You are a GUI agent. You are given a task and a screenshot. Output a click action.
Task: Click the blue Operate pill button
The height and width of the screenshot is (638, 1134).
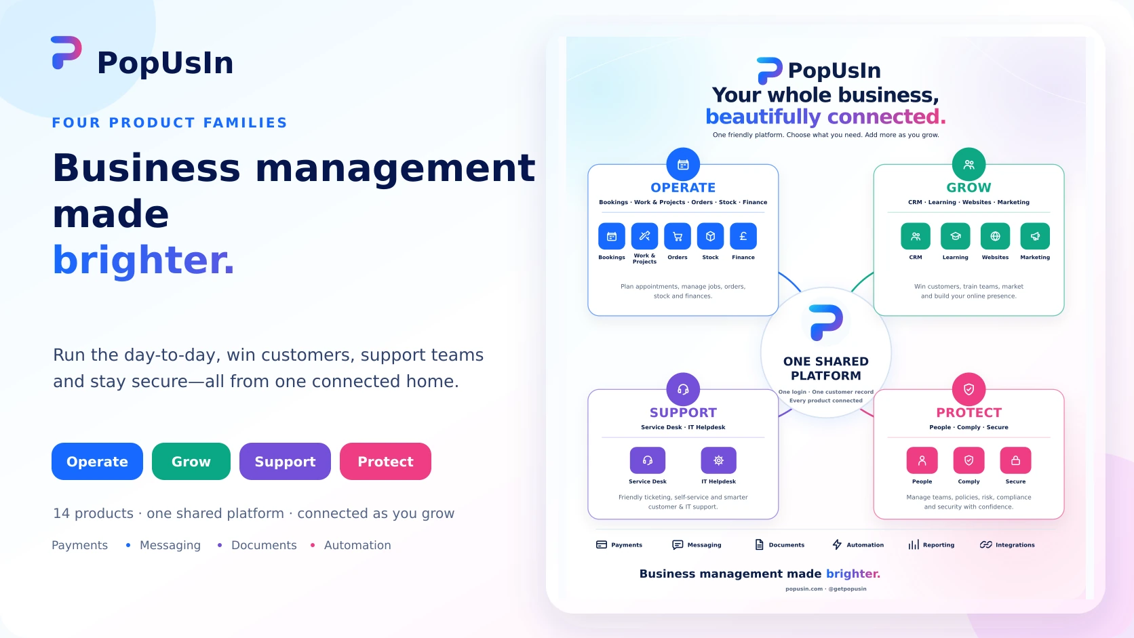pos(97,461)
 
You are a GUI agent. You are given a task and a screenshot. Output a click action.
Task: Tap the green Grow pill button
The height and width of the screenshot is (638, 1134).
pos(191,461)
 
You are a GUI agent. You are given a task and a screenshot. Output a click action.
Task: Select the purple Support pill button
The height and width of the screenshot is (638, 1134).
pos(285,461)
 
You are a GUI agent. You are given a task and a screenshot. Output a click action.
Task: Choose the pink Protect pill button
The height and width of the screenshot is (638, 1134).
pos(385,461)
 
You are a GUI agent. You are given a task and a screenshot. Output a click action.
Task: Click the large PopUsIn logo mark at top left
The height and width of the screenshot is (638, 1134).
pos(66,53)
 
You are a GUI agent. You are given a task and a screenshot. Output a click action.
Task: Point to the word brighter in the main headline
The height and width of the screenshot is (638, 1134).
pos(143,260)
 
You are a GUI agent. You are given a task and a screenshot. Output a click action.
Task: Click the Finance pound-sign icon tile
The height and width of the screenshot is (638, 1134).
pos(743,236)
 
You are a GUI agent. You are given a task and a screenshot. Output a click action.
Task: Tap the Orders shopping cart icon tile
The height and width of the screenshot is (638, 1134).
pos(678,236)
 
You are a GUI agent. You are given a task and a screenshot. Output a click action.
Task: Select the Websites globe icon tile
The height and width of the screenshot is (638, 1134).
pos(995,236)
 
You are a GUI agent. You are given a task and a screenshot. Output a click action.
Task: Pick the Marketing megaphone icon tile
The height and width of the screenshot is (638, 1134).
pos(1035,236)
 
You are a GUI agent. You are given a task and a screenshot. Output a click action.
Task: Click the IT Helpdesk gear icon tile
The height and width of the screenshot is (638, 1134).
pos(718,460)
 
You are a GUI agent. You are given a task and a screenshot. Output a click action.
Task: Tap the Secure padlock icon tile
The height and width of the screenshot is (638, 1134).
pos(1015,460)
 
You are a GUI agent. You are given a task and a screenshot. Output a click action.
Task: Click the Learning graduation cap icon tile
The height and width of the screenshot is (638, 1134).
pos(956,236)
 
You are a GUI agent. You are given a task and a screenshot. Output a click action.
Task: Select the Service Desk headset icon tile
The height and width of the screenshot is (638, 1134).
pos(648,460)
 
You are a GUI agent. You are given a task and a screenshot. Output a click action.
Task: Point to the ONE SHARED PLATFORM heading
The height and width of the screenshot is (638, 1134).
pos(825,368)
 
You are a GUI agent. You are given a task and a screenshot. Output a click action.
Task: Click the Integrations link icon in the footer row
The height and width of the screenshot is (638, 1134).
pos(985,544)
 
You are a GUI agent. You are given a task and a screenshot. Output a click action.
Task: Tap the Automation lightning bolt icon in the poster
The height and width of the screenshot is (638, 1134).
pos(837,544)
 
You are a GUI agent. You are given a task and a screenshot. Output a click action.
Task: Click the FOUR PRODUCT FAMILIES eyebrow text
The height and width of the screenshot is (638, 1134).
pos(170,123)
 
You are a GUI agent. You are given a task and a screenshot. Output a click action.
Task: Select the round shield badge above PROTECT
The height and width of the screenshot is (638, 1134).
pos(969,389)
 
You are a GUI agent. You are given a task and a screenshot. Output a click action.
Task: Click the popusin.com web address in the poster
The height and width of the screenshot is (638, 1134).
pos(804,589)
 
